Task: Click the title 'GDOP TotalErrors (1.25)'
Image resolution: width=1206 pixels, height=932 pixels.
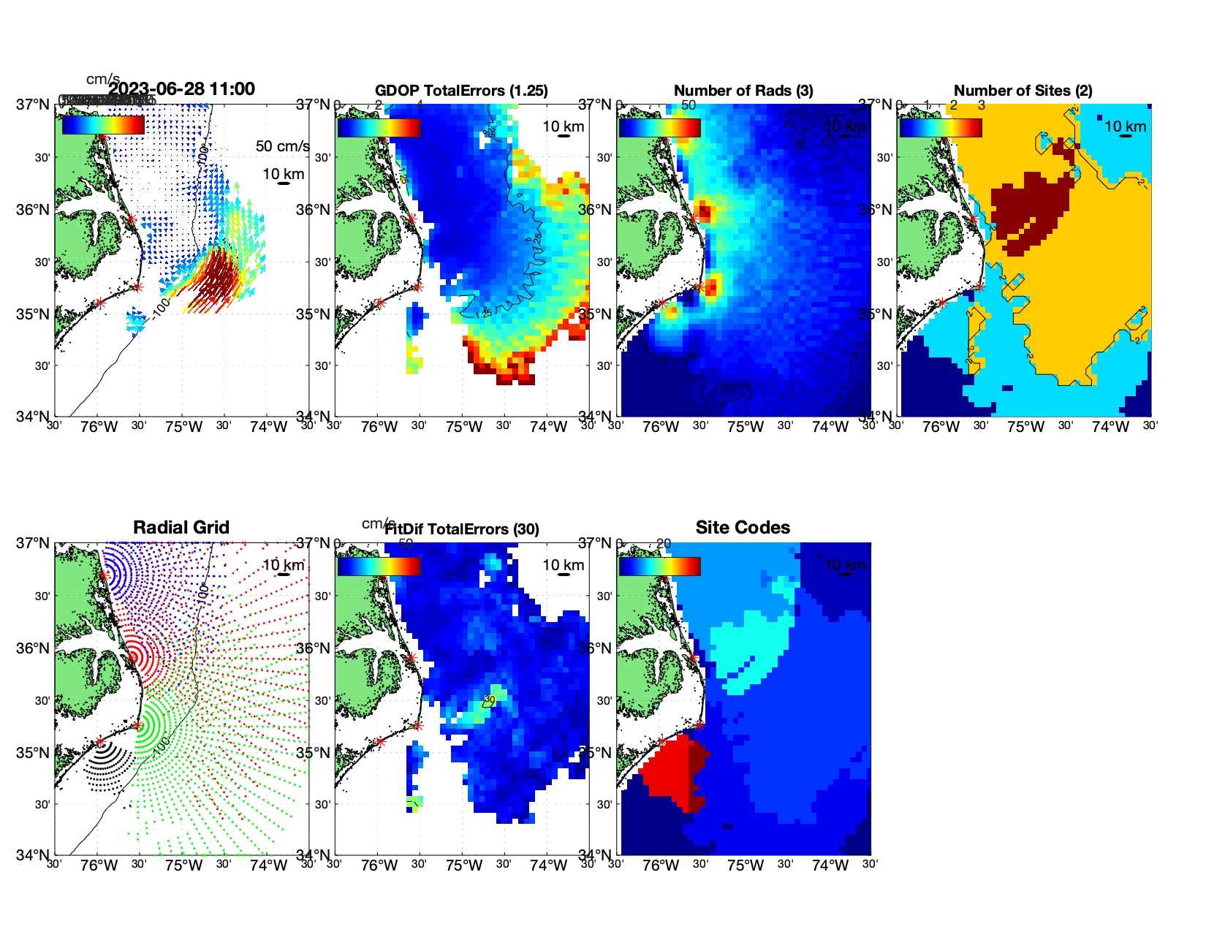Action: (x=461, y=91)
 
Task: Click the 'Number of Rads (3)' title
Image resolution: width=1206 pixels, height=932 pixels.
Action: (x=743, y=91)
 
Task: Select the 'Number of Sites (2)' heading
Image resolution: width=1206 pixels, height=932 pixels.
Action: (x=1023, y=91)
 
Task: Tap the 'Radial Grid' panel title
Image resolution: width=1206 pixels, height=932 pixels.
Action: (x=181, y=528)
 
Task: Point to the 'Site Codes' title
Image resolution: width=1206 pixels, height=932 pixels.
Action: (x=743, y=528)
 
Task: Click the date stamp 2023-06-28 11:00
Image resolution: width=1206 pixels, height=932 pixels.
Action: (x=182, y=89)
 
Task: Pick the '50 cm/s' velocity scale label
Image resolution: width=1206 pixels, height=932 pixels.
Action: (x=282, y=146)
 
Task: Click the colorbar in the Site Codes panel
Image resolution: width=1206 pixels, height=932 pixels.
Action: (x=659, y=566)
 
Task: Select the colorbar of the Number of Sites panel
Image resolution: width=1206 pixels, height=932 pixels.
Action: (x=941, y=127)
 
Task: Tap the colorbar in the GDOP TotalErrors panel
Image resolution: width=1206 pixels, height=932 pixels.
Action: (x=379, y=127)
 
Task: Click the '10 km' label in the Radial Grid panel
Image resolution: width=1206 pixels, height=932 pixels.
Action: (x=283, y=565)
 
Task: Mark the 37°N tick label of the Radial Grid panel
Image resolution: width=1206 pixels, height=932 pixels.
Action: (x=33, y=543)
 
